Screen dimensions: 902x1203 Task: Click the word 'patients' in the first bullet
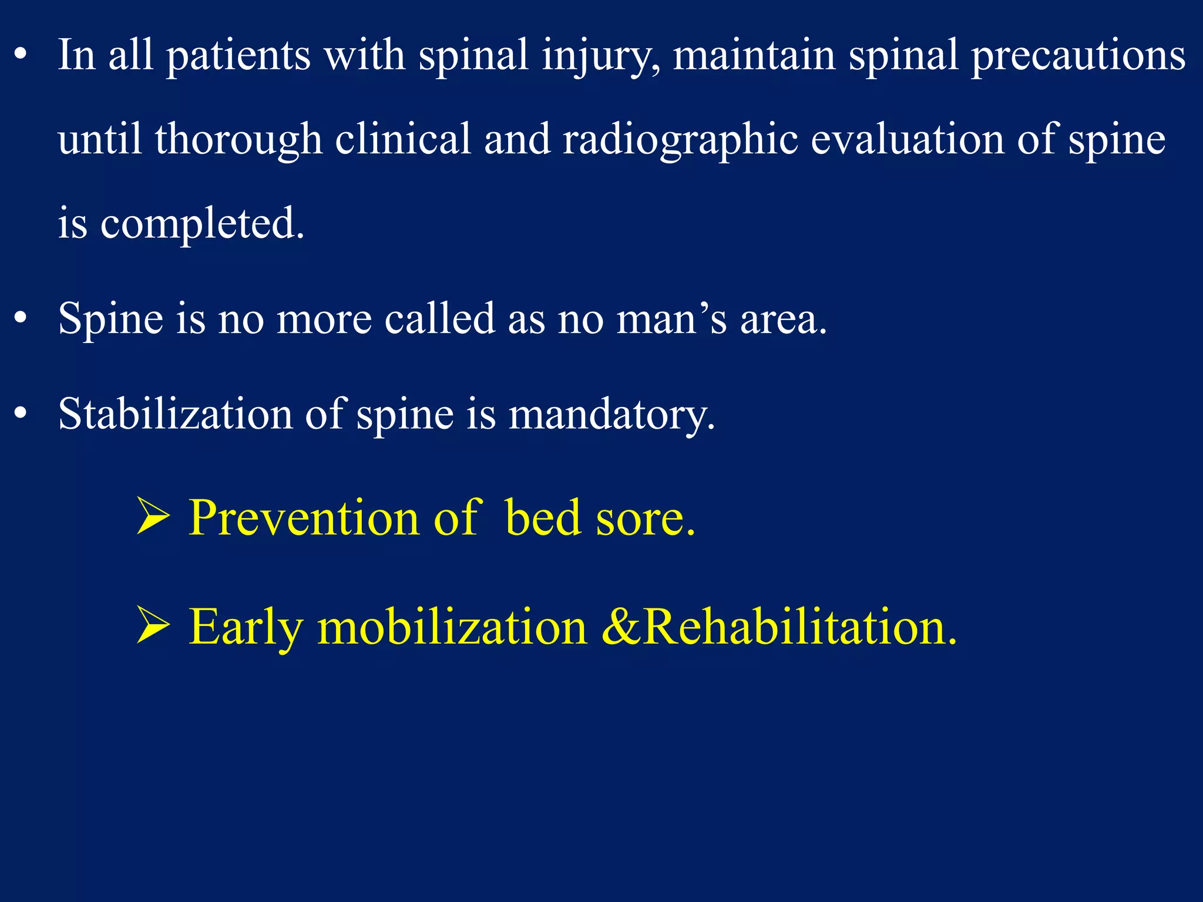[238, 56]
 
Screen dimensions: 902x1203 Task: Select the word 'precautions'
[1078, 56]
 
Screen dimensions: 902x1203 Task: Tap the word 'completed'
[201, 224]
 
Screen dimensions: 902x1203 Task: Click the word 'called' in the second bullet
[440, 319]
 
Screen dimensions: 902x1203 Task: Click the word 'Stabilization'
[175, 414]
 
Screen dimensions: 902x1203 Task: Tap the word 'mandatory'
[611, 414]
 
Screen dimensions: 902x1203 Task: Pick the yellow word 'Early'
[246, 627]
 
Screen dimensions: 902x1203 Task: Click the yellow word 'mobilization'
[452, 627]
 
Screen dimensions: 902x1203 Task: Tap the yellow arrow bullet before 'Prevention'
[153, 516]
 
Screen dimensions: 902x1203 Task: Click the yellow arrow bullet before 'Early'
[153, 625]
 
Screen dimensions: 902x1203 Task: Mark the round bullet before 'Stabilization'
[21, 413]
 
